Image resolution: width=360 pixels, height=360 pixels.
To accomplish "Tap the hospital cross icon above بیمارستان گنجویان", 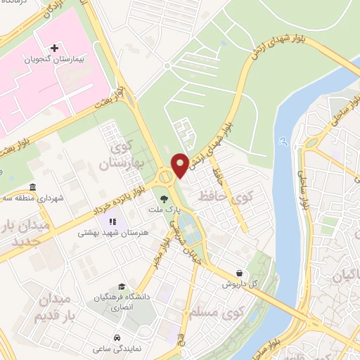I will pyautogui.click(x=54, y=48).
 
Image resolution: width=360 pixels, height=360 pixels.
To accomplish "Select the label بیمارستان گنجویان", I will pyautogui.click(x=54, y=60).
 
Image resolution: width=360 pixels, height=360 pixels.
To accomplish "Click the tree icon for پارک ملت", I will pyautogui.click(x=164, y=199).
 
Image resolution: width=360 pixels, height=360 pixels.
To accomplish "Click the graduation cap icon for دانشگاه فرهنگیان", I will pyautogui.click(x=122, y=287).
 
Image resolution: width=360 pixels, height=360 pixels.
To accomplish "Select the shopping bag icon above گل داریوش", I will pyautogui.click(x=240, y=273).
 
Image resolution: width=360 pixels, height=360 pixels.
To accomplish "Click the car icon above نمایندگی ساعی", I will pyautogui.click(x=116, y=337).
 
